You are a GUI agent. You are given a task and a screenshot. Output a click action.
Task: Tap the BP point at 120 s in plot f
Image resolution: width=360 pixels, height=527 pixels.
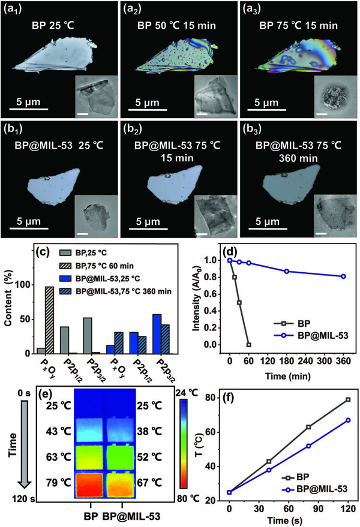[347, 399]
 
